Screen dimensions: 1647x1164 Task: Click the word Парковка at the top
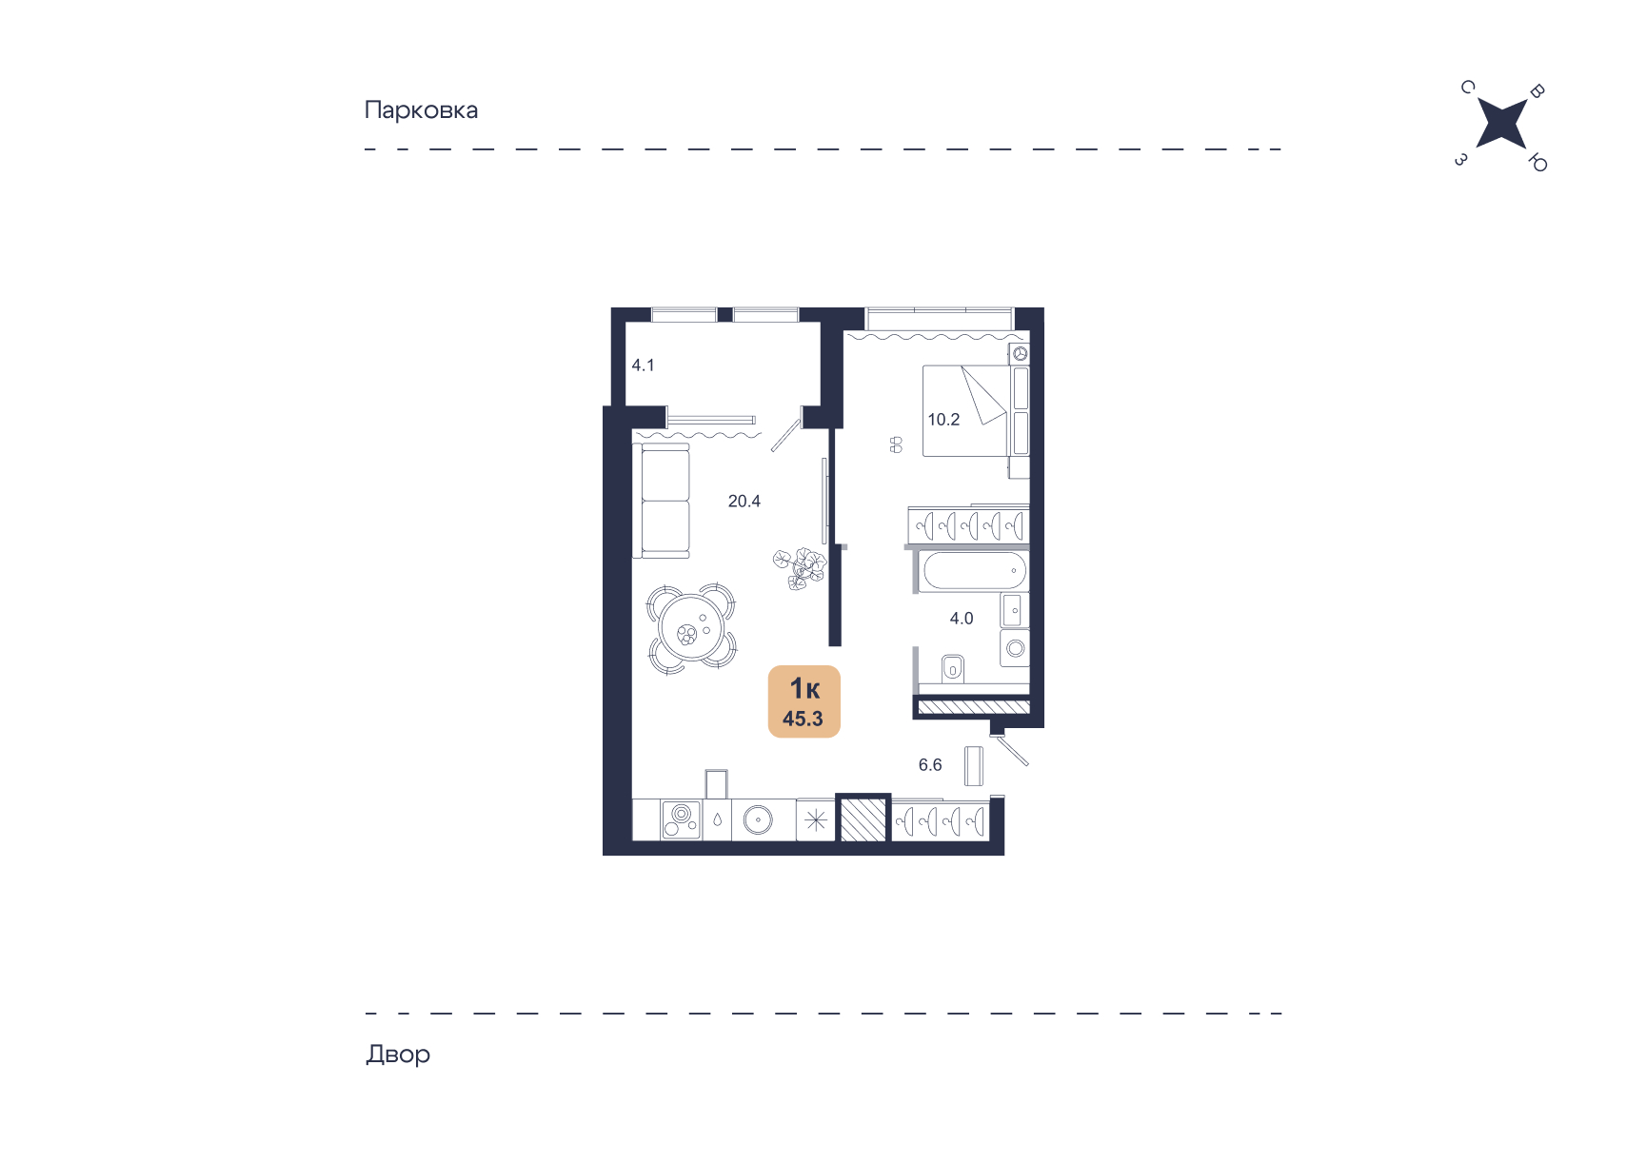coord(421,110)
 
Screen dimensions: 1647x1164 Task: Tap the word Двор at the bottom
coord(398,1054)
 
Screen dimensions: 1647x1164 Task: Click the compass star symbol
coord(1501,124)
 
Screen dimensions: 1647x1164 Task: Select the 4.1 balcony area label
coord(643,365)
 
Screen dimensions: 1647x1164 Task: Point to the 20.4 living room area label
coord(744,501)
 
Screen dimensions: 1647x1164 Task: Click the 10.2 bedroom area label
coord(943,419)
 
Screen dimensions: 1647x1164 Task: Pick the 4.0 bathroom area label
coord(962,618)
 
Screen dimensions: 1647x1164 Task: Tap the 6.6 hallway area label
coord(930,764)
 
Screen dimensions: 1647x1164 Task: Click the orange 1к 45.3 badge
coord(804,701)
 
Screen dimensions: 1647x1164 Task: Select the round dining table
coord(692,629)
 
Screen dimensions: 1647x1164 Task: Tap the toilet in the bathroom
coord(953,668)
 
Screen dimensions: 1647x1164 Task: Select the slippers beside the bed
coord(896,444)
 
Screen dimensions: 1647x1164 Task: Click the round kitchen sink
coord(759,819)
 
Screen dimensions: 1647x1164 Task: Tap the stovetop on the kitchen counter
coord(681,819)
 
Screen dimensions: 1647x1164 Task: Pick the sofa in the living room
coord(665,501)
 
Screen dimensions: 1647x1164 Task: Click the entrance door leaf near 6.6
coord(1011,750)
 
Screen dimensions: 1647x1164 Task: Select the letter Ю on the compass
coord(1538,163)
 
